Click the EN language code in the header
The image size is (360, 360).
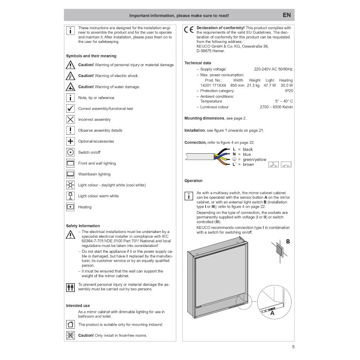(x=287, y=15)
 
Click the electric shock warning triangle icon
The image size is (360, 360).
(x=71, y=76)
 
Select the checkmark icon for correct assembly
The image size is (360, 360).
(x=71, y=109)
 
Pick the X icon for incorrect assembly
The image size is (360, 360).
(x=71, y=120)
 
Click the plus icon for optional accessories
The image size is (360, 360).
(x=71, y=141)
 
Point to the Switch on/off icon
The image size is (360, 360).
(x=71, y=152)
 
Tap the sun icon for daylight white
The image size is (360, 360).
(x=71, y=185)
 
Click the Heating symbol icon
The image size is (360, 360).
(x=71, y=207)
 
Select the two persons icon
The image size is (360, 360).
(x=71, y=287)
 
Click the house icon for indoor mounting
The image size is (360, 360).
(x=71, y=324)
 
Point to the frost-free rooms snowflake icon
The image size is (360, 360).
(x=71, y=335)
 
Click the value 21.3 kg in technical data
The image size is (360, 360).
(x=254, y=85)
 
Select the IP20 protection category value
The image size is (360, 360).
(x=289, y=91)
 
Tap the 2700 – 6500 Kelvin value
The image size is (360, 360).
(x=276, y=107)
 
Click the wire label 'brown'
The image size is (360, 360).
(x=248, y=165)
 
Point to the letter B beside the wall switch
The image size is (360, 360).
(x=288, y=242)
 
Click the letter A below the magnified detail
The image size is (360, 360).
(x=272, y=314)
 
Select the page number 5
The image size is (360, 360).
(x=293, y=347)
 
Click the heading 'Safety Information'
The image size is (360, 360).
(x=83, y=226)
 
